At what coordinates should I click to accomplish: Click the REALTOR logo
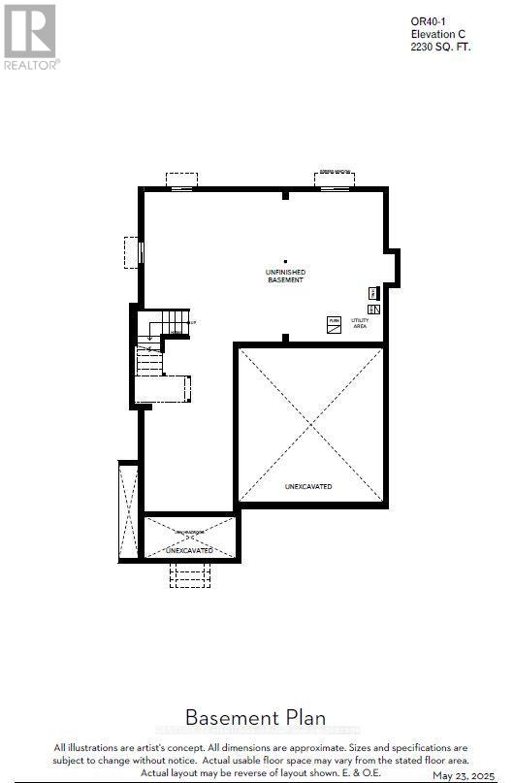[x=31, y=36]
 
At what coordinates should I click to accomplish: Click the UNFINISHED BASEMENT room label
[x=285, y=277]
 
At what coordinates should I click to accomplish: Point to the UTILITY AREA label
[x=360, y=324]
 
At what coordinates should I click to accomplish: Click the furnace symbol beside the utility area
[x=334, y=326]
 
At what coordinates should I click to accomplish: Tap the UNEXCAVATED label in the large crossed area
[x=308, y=486]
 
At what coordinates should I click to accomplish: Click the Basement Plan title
[x=255, y=718]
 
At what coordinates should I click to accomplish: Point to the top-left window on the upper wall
[x=181, y=180]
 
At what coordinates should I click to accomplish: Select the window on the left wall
[x=132, y=252]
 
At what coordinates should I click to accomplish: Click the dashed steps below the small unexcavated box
[x=189, y=574]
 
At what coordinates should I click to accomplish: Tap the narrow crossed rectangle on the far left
[x=128, y=511]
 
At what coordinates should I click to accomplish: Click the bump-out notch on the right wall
[x=393, y=266]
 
